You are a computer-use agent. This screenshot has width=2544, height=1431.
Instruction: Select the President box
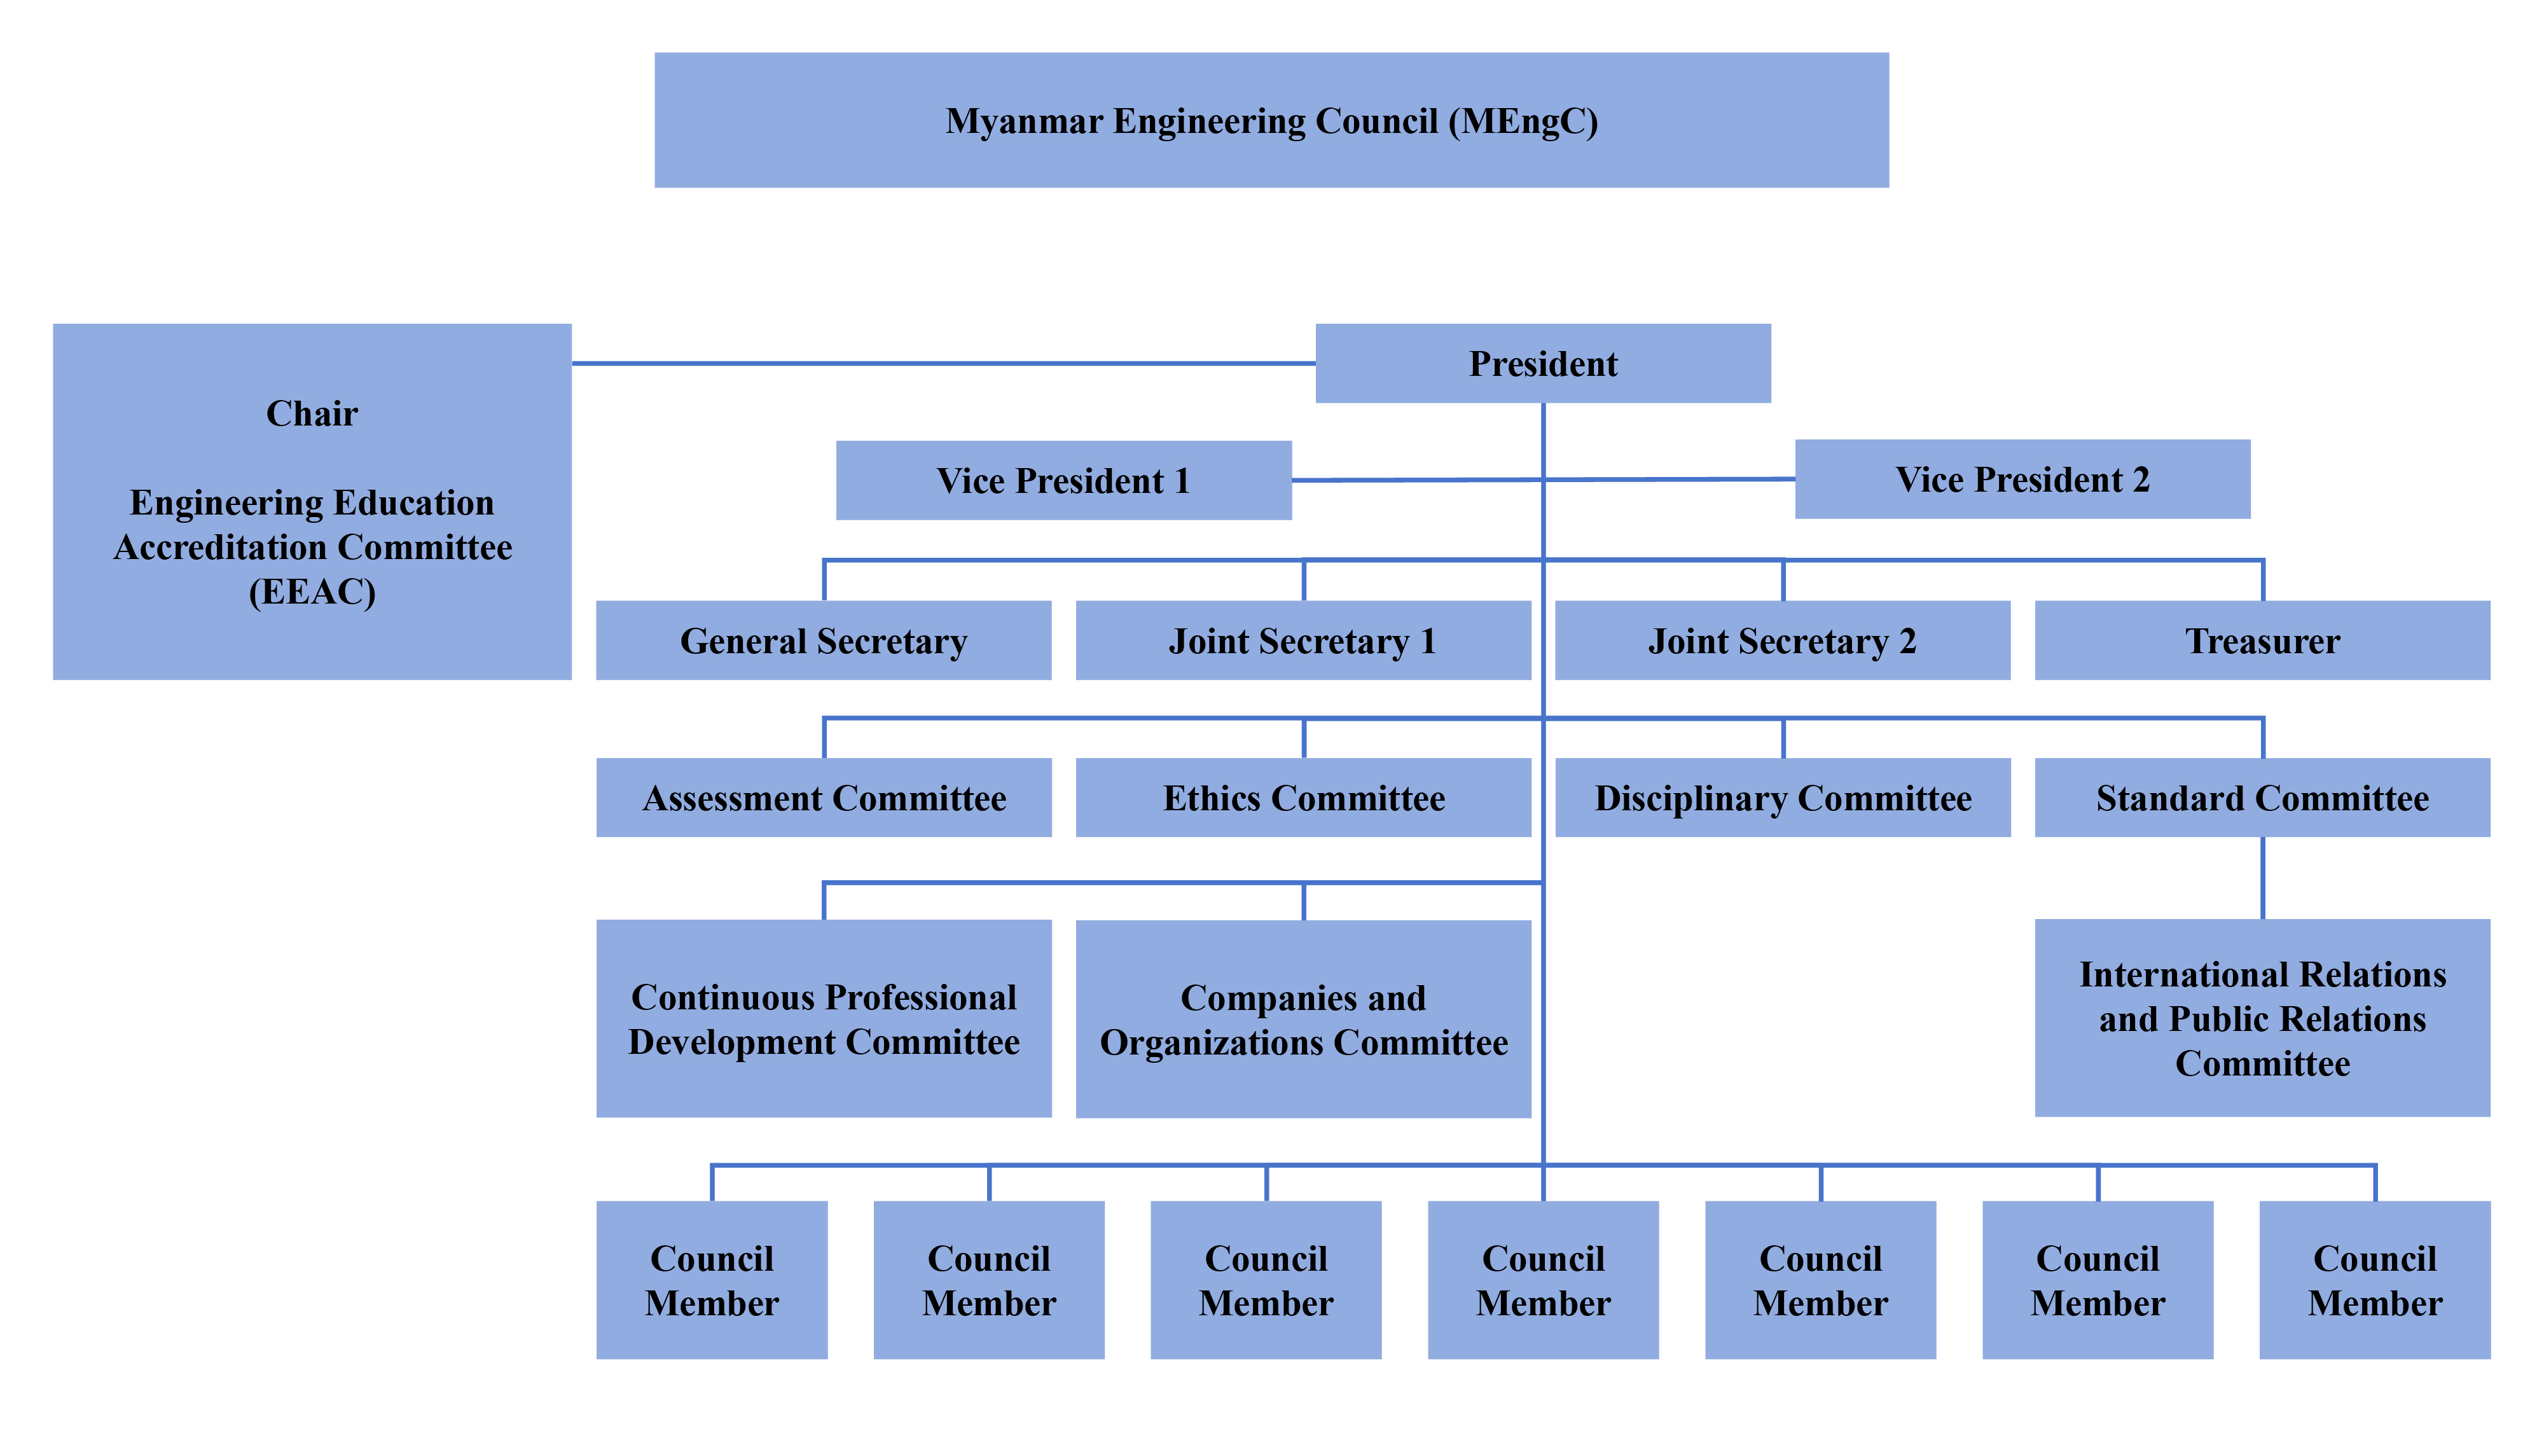(1542, 363)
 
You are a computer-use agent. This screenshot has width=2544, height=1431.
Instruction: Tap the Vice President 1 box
(1063, 480)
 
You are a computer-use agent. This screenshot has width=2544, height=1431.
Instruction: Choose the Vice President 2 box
(2022, 479)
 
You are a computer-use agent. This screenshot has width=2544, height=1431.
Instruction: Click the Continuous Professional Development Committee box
(824, 1018)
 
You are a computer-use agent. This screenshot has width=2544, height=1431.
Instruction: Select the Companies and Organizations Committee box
(1303, 1018)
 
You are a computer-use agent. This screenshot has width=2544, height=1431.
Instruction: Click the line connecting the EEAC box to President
(943, 363)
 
